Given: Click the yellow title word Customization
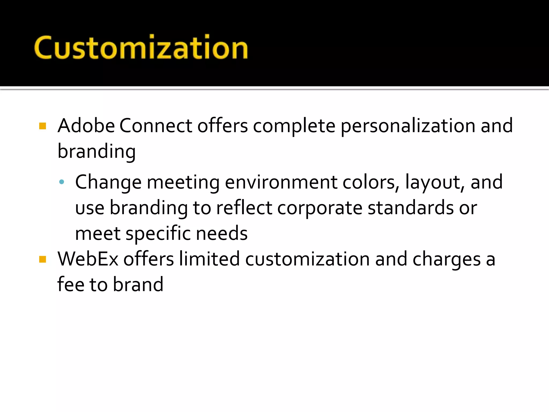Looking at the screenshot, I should pyautogui.click(x=141, y=48).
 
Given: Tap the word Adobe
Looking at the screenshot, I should pyautogui.click(x=86, y=126).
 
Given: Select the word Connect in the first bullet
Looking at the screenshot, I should pyautogui.click(x=155, y=126).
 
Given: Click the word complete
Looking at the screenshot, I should pyautogui.click(x=294, y=126).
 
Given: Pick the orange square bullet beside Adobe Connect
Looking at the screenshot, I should pyautogui.click(x=43, y=126).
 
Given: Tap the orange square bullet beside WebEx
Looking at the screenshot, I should pyautogui.click(x=43, y=259).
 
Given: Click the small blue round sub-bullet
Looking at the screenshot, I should pyautogui.click(x=62, y=182).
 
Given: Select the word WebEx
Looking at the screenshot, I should pyautogui.click(x=88, y=259).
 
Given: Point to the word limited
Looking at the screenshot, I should pyautogui.click(x=209, y=259).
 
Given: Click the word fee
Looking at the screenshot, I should pyautogui.click(x=71, y=284).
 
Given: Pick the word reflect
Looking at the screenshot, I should pyautogui.click(x=244, y=208).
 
